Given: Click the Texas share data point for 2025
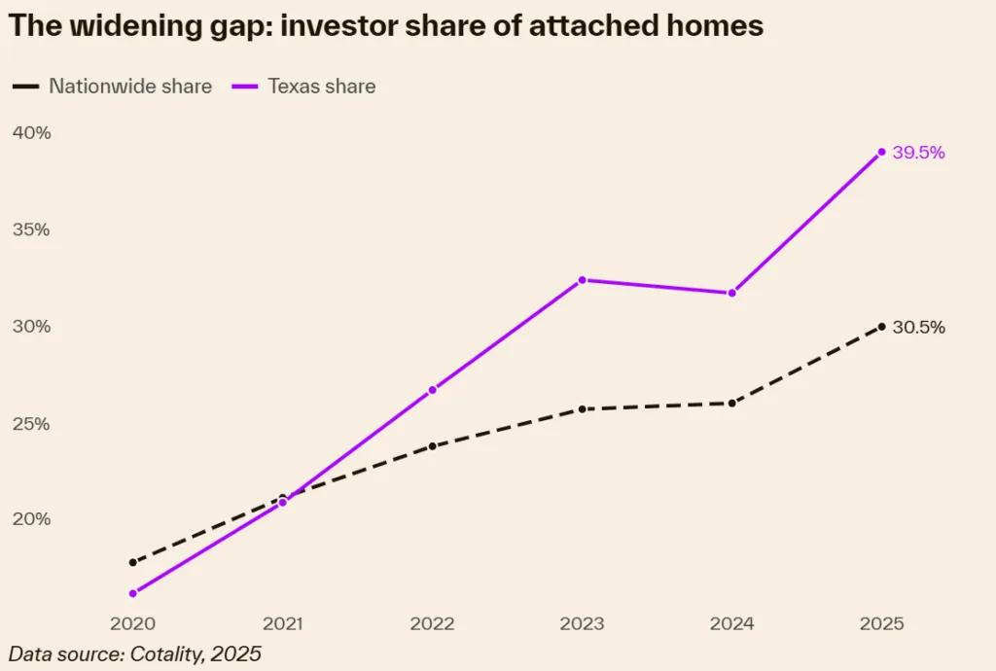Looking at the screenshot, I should (881, 152).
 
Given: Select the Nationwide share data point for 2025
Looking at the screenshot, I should (881, 327).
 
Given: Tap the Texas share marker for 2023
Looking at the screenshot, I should (582, 280).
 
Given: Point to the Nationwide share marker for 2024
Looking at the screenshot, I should (731, 403).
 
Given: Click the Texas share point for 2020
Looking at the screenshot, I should (132, 593).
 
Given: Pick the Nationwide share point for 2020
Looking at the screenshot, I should (132, 562).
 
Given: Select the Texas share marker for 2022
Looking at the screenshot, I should (432, 390).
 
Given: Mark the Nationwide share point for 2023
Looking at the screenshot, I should (582, 408).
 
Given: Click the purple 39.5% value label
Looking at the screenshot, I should (918, 153).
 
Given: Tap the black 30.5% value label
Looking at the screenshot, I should (918, 328).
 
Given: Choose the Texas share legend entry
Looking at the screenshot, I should (303, 87).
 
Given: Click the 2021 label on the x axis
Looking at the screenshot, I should (282, 623).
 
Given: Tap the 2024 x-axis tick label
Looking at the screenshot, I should (731, 623).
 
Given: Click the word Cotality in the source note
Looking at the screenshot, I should (166, 654).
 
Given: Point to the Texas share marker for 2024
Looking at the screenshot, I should (731, 293).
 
